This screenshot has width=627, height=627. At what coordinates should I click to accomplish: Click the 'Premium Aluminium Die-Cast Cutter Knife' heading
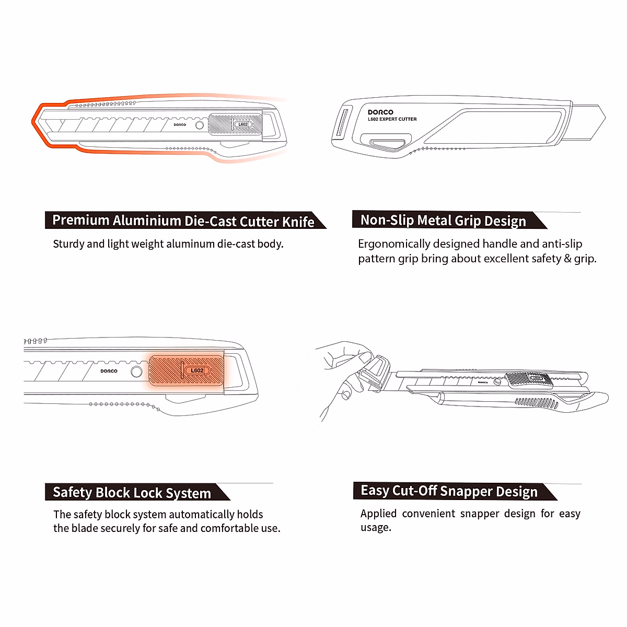(183, 220)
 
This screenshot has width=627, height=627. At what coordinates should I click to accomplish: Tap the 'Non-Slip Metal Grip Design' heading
(443, 220)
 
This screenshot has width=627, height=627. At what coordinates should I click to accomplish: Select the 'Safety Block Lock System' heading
(132, 493)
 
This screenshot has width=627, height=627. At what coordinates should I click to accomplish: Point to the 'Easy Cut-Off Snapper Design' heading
(449, 491)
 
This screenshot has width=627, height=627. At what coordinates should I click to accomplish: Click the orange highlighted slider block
(186, 371)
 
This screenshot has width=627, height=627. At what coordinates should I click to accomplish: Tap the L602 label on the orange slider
(197, 370)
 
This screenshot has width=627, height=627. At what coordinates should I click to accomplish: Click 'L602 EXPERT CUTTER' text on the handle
(392, 119)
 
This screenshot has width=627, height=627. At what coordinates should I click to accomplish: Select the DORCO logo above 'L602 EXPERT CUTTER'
(380, 112)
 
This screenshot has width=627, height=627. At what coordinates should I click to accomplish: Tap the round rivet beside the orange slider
(136, 371)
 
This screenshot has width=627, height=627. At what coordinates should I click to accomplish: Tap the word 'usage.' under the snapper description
(376, 528)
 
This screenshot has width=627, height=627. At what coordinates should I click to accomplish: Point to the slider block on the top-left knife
(235, 124)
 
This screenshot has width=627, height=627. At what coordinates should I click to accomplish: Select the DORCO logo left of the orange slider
(109, 371)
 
